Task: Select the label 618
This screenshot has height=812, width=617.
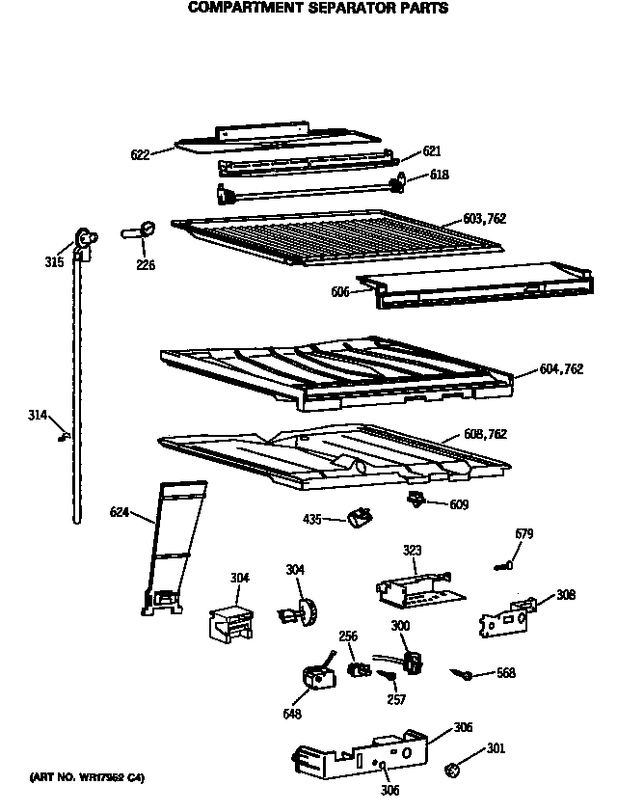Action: [x=439, y=175]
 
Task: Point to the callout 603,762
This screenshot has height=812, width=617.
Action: [x=484, y=220]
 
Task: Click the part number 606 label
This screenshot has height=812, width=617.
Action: [x=340, y=291]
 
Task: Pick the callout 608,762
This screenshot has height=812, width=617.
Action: [x=484, y=435]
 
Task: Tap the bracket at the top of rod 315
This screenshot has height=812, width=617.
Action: [x=85, y=238]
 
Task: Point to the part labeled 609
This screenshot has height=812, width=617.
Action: [x=416, y=499]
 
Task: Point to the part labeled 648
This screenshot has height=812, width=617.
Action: [x=315, y=679]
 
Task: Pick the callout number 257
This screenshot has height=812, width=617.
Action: [x=396, y=700]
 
